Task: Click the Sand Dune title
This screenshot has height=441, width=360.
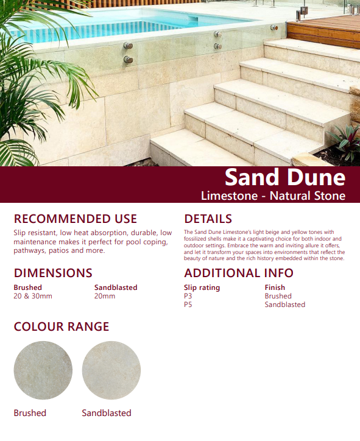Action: [x=284, y=177]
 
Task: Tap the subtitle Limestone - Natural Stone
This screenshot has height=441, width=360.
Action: [x=273, y=196]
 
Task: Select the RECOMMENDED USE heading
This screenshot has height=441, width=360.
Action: [x=75, y=219]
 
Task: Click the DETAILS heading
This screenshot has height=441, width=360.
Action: [x=208, y=219]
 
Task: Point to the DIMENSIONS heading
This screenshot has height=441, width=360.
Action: [x=53, y=273]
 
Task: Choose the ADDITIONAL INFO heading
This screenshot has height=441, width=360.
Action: [x=239, y=273]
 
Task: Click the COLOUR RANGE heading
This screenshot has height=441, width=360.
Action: [x=62, y=326]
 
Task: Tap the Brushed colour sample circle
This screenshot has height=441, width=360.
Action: [x=43, y=370]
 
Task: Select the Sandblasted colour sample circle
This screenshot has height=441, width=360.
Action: [x=111, y=370]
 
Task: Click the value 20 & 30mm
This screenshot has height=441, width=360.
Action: [x=33, y=296]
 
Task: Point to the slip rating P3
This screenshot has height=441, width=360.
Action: [x=188, y=296]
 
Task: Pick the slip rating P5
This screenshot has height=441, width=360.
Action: [x=188, y=305]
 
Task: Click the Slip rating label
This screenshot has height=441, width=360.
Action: [x=202, y=288]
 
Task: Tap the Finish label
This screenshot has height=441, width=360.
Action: [x=275, y=288]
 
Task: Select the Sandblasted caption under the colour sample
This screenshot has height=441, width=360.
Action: [x=107, y=413]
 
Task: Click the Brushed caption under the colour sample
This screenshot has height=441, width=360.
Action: [x=30, y=413]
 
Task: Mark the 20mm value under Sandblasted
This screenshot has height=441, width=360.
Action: [x=105, y=296]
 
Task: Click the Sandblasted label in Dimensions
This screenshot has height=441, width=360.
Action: [x=116, y=288]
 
